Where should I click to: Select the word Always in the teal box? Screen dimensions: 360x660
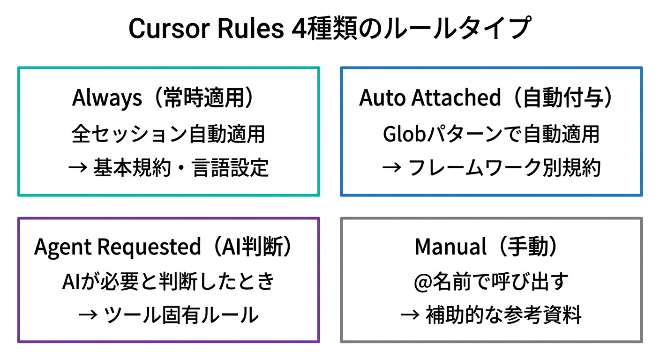(x=107, y=98)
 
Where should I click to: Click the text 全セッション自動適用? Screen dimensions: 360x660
(x=168, y=134)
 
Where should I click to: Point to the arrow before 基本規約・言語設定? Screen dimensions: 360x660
(x=76, y=168)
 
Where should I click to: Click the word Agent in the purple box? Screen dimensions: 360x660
(x=61, y=247)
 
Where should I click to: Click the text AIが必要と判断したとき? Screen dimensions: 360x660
(x=168, y=281)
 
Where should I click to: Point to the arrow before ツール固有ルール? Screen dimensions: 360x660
(x=88, y=315)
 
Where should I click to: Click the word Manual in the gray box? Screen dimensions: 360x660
(x=450, y=247)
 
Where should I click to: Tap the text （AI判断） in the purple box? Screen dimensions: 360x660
(x=253, y=247)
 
